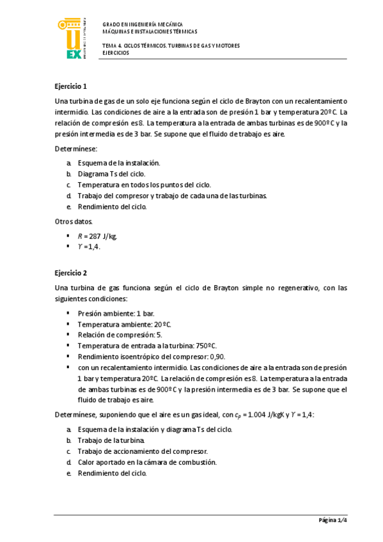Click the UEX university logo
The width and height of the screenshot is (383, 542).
click(70, 39)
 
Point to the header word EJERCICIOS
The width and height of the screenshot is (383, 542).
click(116, 53)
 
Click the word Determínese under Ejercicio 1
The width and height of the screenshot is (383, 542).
click(75, 148)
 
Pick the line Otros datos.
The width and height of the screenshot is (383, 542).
click(73, 222)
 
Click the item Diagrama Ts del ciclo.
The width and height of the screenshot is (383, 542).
click(111, 173)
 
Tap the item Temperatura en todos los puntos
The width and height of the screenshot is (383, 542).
click(144, 185)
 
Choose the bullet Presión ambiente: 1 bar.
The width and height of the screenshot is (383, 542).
click(116, 314)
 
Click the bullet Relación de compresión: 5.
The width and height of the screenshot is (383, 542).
click(120, 334)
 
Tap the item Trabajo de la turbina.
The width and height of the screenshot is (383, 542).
click(111, 440)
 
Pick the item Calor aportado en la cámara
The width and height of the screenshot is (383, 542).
click(147, 462)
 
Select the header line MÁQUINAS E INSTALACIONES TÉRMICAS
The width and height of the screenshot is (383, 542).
click(150, 31)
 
